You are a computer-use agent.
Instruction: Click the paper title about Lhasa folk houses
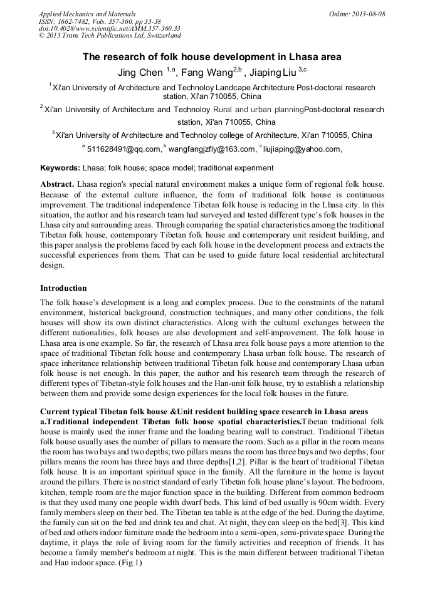click(212, 56)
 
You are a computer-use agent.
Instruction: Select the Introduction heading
click(63, 288)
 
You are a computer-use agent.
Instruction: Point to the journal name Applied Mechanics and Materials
click(87, 14)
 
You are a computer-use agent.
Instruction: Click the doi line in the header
click(110, 28)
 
